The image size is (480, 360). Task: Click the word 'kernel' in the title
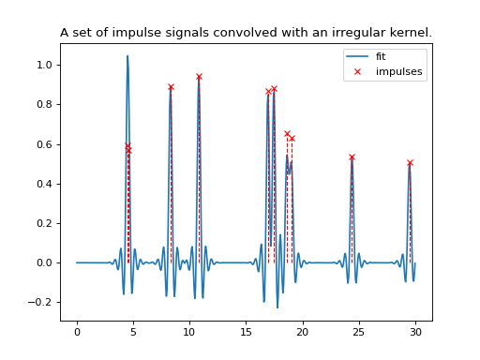408,33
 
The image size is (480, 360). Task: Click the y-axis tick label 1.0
44,66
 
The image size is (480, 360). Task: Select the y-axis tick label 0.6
44,144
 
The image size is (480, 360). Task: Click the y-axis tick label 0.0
44,262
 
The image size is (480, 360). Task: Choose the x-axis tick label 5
133,331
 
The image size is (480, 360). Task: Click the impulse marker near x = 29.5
410,162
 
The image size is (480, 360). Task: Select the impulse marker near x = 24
352,157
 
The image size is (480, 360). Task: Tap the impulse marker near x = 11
199,76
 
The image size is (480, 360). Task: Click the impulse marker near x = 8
171,86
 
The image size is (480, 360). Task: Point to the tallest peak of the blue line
127,56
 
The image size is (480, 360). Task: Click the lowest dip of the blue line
277,307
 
